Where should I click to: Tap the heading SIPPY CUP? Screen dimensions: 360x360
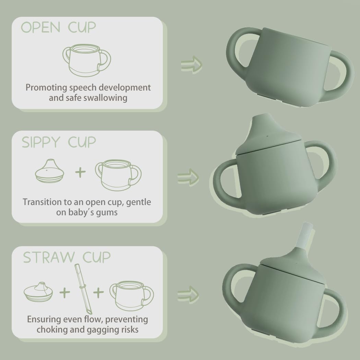(x=59, y=142)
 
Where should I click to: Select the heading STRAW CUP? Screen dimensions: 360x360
(x=67, y=257)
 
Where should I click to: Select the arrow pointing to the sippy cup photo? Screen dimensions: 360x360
(x=188, y=177)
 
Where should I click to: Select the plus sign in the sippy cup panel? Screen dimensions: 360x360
(x=80, y=172)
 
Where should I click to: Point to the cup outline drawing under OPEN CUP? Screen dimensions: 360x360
(x=86, y=61)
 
